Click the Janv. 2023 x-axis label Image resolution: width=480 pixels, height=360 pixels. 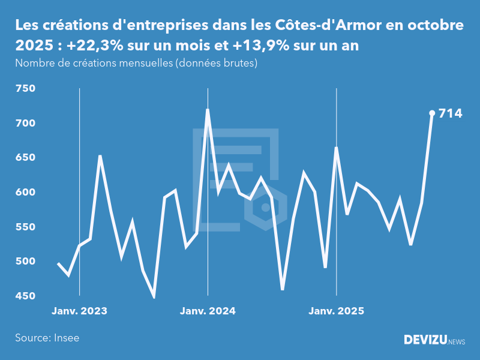[79, 311]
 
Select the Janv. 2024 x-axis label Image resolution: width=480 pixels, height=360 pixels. [208, 311]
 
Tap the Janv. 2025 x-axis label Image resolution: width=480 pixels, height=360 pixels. [336, 311]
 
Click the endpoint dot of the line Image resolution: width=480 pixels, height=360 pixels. [432, 113]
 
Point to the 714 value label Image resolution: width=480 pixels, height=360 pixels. [451, 113]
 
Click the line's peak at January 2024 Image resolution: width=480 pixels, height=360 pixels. [208, 110]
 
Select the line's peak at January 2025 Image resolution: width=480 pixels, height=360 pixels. [336, 148]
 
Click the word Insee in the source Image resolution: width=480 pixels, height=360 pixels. [67, 338]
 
